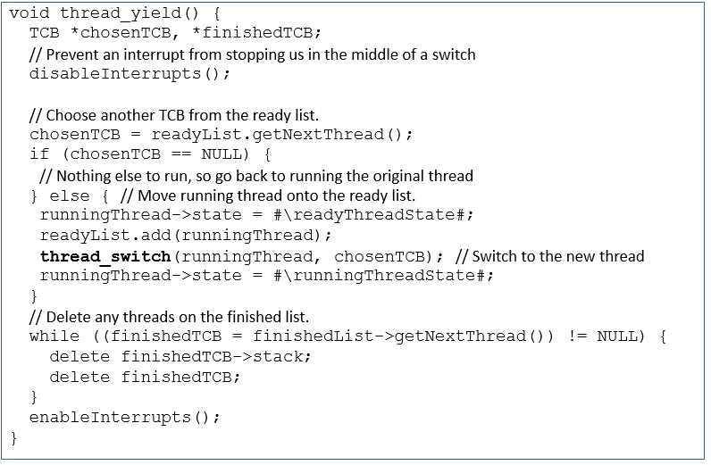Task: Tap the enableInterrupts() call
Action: pos(124,417)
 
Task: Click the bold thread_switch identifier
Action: pos(105,256)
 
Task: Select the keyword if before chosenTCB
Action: pos(39,154)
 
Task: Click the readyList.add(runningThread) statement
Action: pos(186,236)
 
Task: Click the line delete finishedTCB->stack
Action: pos(180,357)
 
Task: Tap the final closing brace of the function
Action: pos(14,437)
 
